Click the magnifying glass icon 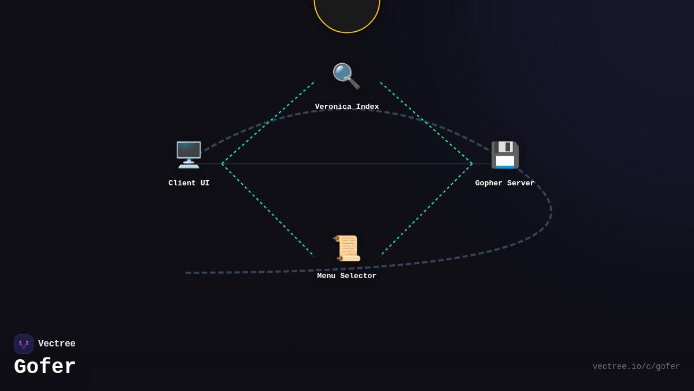[x=346, y=76]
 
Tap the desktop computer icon [x=189, y=155]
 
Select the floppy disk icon [x=505, y=155]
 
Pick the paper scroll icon [x=346, y=249]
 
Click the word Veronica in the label [x=333, y=107]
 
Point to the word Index [x=367, y=107]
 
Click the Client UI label [x=189, y=183]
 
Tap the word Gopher [x=489, y=183]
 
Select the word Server [x=521, y=183]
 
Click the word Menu [x=326, y=276]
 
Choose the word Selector [x=358, y=276]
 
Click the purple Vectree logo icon [x=24, y=344]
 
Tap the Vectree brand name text [x=57, y=344]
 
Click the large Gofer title [x=45, y=366]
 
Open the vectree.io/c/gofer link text [x=636, y=367]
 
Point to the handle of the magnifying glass [x=354, y=83]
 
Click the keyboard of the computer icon [x=189, y=166]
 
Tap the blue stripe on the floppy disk [x=505, y=167]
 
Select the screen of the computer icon [x=189, y=150]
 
